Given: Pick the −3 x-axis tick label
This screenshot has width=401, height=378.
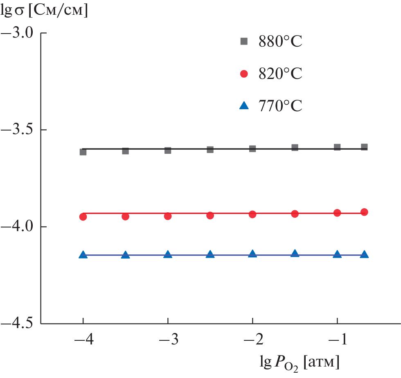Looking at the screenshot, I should [x=168, y=342].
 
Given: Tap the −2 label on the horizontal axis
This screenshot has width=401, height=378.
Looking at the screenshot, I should [x=252, y=342].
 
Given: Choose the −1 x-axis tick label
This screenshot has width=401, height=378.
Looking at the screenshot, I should [x=337, y=342].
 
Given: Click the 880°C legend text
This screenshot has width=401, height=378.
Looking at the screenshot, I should [x=280, y=41].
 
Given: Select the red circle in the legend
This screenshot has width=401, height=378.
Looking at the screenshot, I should [x=244, y=74].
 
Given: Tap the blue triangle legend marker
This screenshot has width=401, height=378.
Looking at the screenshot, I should [x=244, y=106].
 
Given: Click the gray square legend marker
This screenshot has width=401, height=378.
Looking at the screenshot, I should [x=244, y=41].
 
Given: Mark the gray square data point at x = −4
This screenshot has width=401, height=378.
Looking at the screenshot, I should [x=83, y=152].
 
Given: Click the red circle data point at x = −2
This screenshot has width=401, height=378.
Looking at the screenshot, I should [x=252, y=214].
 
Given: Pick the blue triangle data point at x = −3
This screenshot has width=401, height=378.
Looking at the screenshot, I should [x=168, y=254].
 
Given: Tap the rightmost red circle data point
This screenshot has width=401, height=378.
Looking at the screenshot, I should [x=364, y=212].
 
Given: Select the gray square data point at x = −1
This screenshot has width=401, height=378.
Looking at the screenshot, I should [x=337, y=147].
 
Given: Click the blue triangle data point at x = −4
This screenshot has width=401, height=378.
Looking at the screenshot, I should [x=83, y=254].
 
